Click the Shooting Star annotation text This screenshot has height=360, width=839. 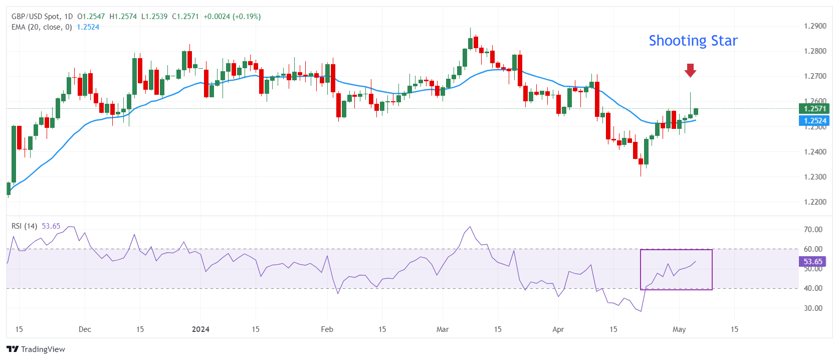693,41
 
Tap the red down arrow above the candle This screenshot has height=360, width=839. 690,70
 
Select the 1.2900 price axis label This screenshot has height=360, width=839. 815,26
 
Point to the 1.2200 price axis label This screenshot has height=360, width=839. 815,202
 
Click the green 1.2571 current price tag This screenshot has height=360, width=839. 814,109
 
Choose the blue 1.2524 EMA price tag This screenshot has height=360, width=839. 814,121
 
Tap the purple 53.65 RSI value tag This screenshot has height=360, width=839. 813,262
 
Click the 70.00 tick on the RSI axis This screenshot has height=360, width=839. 813,230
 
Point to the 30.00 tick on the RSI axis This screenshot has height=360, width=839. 813,308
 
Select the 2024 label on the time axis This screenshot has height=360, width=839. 200,329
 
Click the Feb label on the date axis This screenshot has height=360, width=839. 327,329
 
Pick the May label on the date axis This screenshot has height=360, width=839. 679,329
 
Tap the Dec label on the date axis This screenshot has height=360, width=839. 85,329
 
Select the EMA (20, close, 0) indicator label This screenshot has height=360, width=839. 42,27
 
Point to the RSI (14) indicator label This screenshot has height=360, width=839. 24,226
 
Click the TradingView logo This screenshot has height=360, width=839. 36,349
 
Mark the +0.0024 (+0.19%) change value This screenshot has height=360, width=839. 232,17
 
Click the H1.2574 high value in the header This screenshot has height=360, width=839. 123,17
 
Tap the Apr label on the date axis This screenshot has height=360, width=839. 558,329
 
